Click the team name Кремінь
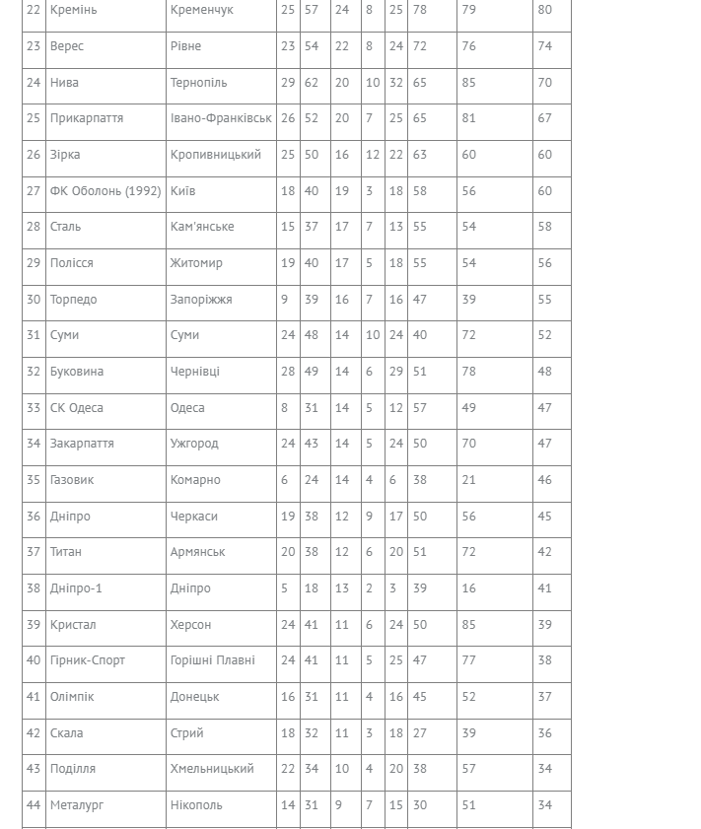click(74, 10)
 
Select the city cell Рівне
click(185, 46)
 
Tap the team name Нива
click(64, 83)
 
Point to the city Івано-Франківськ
click(221, 118)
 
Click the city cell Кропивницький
click(215, 155)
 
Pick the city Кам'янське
click(202, 227)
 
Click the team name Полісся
click(72, 263)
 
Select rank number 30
click(34, 300)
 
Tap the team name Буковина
click(77, 372)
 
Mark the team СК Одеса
click(77, 408)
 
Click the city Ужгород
click(194, 444)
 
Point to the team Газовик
click(72, 480)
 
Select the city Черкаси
click(194, 517)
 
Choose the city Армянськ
click(197, 552)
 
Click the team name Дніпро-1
click(76, 588)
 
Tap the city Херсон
click(190, 625)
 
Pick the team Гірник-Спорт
click(88, 660)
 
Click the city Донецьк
click(194, 697)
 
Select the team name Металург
click(77, 805)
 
